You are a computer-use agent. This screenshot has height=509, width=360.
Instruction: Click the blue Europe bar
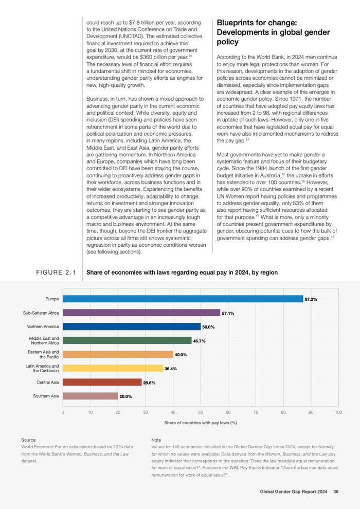click(183, 299)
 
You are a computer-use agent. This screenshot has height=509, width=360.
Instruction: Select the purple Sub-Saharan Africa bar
click(141, 313)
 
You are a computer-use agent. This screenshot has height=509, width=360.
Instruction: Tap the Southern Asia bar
click(90, 396)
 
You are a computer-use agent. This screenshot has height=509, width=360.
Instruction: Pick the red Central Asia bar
click(102, 382)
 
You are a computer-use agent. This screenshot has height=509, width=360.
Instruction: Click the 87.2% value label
click(311, 299)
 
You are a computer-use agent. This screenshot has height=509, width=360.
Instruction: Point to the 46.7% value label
click(200, 341)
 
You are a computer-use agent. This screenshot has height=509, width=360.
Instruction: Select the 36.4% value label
click(171, 369)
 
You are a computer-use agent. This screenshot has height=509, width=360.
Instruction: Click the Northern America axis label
click(43, 326)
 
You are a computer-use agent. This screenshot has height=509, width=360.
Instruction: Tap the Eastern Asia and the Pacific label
click(43, 354)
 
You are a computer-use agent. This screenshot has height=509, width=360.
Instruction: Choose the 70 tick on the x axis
click(256, 412)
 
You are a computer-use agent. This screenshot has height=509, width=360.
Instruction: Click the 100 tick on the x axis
click(338, 412)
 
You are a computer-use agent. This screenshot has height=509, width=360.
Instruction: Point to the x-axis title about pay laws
click(201, 423)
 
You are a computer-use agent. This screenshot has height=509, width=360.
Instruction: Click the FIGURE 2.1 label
click(56, 272)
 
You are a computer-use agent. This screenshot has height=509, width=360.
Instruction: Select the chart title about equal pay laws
click(182, 272)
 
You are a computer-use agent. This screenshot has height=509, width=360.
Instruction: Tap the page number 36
click(336, 492)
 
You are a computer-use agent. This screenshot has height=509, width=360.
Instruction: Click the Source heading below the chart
click(28, 440)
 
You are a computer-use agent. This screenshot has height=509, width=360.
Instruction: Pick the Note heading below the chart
click(156, 440)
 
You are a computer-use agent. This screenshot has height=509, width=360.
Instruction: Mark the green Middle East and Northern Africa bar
click(127, 340)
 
